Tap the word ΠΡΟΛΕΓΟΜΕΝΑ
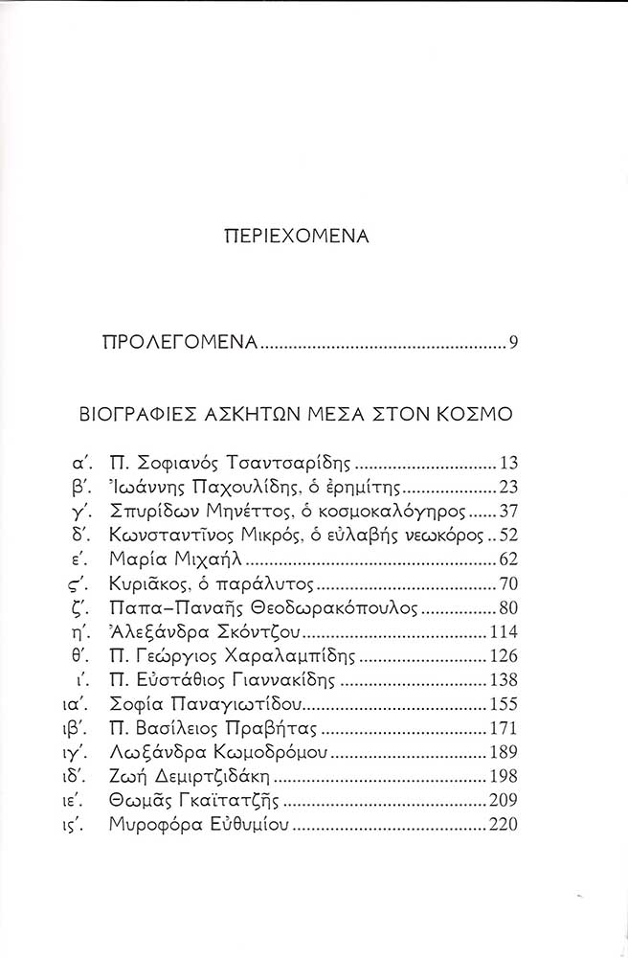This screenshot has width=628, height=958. (180, 343)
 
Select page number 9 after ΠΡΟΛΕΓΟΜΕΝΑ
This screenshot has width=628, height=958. (514, 343)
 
